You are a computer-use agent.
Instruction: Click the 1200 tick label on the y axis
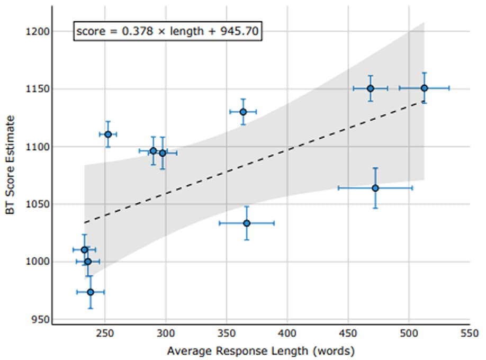(x=38, y=31)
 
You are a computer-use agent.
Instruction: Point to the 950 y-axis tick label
(x=40, y=320)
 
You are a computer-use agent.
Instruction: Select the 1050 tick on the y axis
(x=38, y=204)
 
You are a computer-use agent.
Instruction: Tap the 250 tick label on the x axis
(x=105, y=334)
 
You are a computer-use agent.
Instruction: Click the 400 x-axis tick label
(x=287, y=334)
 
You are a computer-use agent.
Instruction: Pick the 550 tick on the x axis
(x=470, y=334)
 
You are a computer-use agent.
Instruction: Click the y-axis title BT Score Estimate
(x=10, y=165)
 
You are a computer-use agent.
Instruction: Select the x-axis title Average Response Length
(x=238, y=351)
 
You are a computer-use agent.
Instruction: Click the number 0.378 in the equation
(x=137, y=31)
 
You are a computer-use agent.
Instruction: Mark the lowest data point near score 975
(x=91, y=292)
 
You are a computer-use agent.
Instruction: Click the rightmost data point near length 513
(x=424, y=88)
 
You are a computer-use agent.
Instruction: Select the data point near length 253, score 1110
(x=108, y=134)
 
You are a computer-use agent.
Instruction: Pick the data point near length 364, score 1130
(x=244, y=112)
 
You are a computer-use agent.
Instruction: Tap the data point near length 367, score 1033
(x=247, y=223)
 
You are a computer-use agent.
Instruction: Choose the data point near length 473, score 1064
(x=375, y=188)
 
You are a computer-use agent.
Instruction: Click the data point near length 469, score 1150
(x=371, y=88)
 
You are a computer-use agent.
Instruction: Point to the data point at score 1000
(x=88, y=262)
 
